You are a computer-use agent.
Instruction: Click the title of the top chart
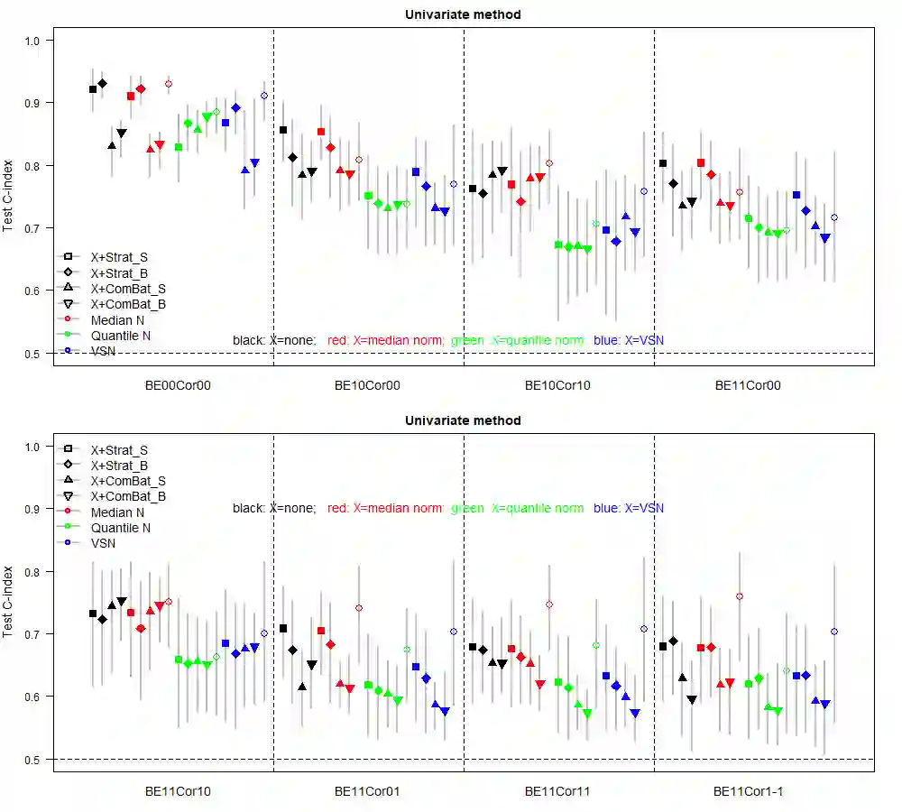pos(463,14)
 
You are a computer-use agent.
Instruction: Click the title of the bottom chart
pos(463,420)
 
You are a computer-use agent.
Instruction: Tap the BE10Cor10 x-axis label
pos(557,384)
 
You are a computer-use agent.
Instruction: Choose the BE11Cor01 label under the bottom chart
pos(367,791)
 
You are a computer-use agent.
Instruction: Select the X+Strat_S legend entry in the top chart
pos(118,257)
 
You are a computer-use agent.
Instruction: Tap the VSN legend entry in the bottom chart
pos(103,543)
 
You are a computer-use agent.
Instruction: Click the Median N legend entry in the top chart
pos(117,319)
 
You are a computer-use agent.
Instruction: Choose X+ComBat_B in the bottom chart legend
pos(127,496)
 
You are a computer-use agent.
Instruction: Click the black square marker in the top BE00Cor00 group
pos(93,89)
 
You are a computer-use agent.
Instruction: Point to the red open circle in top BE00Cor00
pos(169,84)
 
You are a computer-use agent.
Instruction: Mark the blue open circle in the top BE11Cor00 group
pos(834,217)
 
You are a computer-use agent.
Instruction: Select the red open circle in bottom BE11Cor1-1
pos(740,596)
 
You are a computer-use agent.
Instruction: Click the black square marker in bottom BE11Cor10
pos(93,614)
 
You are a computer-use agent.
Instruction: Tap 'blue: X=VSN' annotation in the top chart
pos(629,340)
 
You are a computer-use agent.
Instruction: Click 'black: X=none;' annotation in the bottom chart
pos(274,508)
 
